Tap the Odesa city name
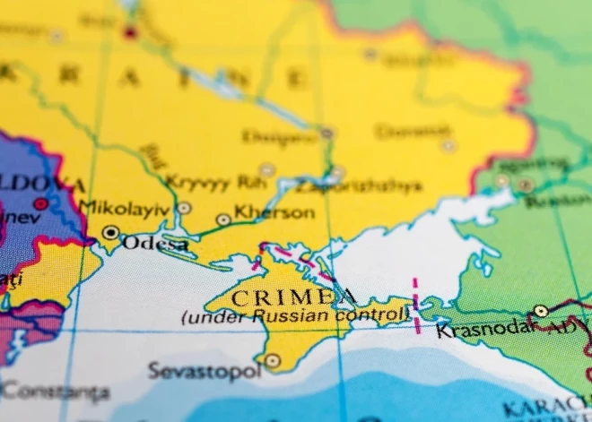coord(154,243)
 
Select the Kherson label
coord(274,213)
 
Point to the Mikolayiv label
coord(124,207)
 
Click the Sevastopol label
coord(204,369)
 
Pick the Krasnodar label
coord(481,330)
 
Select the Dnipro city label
coord(279,136)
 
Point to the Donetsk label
coord(412,132)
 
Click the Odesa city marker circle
coord(110,233)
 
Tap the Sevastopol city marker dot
coord(273,361)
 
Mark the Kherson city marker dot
coord(223,219)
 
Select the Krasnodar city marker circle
coord(541,311)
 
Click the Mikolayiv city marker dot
coord(184,208)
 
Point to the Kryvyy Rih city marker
coord(266,169)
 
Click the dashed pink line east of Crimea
coord(415,300)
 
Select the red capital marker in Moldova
coord(40,203)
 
